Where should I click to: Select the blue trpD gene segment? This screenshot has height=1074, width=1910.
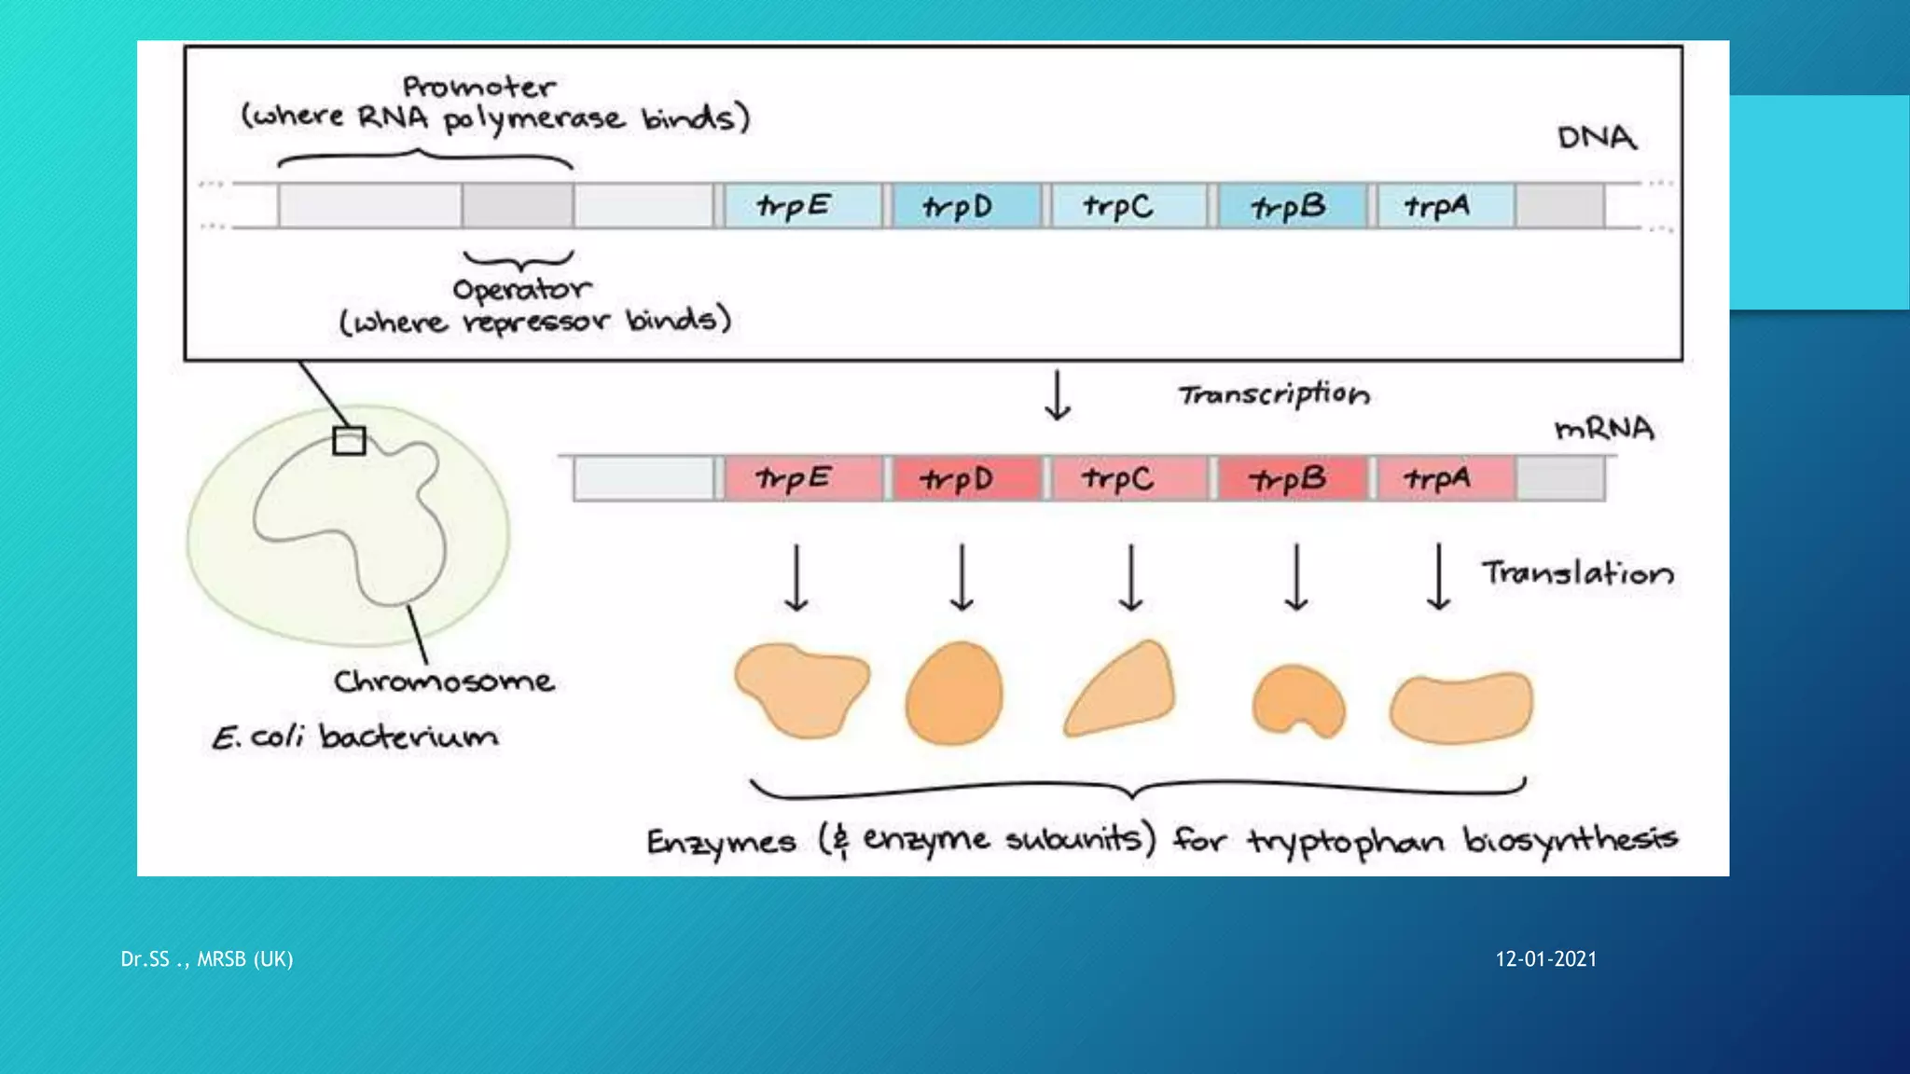pos(965,206)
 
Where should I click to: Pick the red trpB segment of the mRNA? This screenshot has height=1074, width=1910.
pos(1290,479)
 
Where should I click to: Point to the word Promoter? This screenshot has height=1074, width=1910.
pos(479,88)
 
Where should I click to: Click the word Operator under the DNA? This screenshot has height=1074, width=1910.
pos(521,290)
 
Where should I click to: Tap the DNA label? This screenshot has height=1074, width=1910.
pos(1597,138)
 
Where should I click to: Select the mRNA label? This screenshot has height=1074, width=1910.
pos(1604,429)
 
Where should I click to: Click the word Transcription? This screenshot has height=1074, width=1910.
pos(1274,394)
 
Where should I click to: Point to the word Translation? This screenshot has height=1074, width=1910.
pos(1578,572)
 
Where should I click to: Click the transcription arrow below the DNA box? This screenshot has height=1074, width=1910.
pos(1058,396)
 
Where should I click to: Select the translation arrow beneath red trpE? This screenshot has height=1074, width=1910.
pos(796,578)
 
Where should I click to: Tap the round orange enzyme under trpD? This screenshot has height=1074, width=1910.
pos(954,693)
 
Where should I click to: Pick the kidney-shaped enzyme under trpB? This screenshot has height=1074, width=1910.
pos(1297,701)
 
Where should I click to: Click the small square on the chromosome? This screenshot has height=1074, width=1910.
pos(349,441)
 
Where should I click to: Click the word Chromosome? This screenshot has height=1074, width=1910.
pos(444,682)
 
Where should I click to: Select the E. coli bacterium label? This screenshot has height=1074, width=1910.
pos(354,737)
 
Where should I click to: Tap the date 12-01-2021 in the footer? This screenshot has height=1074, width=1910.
pos(1545,959)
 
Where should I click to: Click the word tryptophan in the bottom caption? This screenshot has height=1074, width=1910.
pos(1347,842)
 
